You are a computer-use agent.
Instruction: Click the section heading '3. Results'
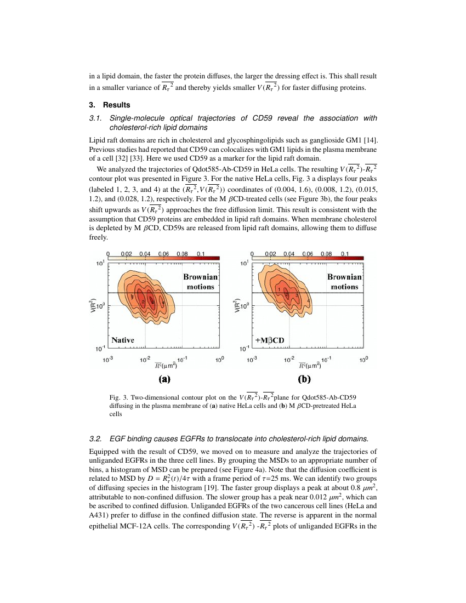tap(110, 105)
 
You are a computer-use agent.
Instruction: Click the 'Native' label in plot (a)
tap(123, 340)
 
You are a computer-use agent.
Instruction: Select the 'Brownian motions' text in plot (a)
tap(200, 282)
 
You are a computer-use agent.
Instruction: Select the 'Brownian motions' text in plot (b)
tap(344, 282)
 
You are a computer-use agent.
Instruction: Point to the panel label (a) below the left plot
tap(164, 378)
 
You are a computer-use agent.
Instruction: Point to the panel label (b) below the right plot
tap(304, 378)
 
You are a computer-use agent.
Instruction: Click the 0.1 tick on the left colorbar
tap(200, 254)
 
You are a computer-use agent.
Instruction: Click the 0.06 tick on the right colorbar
tap(308, 254)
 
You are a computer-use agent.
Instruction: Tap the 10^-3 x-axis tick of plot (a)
tap(108, 360)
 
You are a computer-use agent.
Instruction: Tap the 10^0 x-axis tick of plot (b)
tap(363, 360)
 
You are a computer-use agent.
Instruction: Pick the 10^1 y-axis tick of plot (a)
tap(100, 264)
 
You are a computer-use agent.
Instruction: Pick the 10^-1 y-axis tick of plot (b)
tap(244, 349)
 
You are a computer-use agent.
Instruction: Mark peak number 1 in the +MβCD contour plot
tap(279, 289)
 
